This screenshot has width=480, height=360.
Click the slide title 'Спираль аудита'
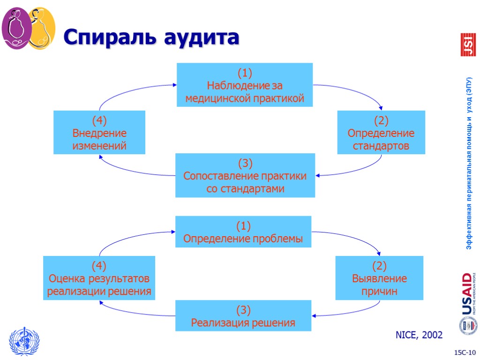coord(151,37)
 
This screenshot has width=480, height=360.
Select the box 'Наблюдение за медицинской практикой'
coord(245,85)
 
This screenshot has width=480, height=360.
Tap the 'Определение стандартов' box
coord(381,133)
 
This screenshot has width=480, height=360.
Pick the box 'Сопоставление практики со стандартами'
coord(245,176)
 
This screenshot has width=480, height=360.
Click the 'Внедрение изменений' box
coord(99,133)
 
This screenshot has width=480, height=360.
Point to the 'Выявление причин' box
coord(379,278)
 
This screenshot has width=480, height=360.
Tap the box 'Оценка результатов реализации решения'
coord(99,278)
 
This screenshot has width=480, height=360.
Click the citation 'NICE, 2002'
coord(419,335)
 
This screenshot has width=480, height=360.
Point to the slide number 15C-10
coord(464,352)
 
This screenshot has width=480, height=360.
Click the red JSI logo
coord(467,45)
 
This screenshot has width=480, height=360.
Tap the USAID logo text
coord(467,294)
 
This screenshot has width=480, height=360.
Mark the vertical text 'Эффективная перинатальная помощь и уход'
coord(468,163)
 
